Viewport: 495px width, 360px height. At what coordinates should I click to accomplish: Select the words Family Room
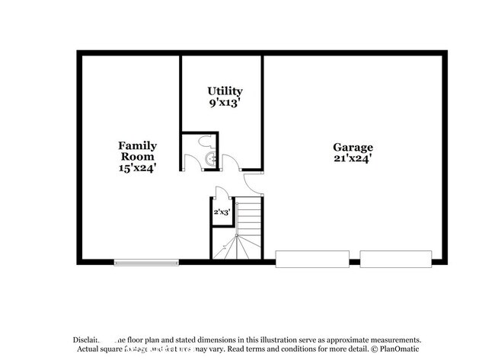tap(137, 151)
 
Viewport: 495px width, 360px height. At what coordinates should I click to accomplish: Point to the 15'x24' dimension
tap(137, 169)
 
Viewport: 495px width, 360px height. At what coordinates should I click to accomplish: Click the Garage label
tap(353, 147)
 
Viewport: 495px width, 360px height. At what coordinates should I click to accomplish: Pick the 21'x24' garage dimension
tap(353, 159)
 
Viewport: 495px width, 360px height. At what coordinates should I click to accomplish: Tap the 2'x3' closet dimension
tap(222, 212)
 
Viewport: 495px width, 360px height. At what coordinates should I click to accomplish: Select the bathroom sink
tap(212, 158)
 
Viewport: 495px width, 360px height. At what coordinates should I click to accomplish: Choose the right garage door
tap(395, 259)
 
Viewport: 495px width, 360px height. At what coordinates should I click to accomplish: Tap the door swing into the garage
tap(252, 183)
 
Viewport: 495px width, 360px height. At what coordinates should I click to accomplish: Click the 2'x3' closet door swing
tap(219, 193)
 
